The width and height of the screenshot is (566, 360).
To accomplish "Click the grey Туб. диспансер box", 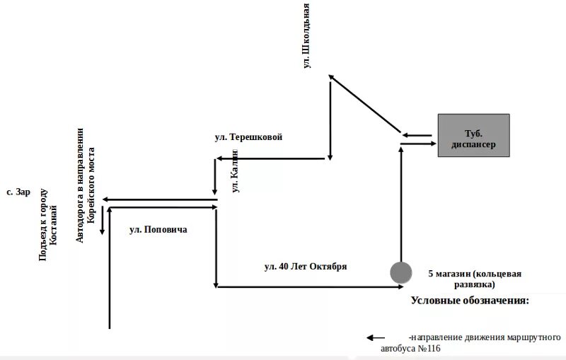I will pyautogui.click(x=473, y=135).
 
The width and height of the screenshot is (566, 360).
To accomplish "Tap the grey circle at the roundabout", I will pyautogui.click(x=401, y=272).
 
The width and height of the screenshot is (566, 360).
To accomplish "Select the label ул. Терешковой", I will pyautogui.click(x=248, y=137).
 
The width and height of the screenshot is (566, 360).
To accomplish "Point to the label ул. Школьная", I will pyautogui.click(x=306, y=37).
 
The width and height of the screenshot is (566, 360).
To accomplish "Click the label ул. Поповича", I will pyautogui.click(x=158, y=229).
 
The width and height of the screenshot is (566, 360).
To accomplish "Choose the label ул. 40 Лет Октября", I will pyautogui.click(x=305, y=267).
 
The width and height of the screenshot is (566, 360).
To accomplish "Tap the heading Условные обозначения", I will pyautogui.click(x=470, y=301).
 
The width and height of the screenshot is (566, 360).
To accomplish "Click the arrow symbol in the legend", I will pyautogui.click(x=376, y=338).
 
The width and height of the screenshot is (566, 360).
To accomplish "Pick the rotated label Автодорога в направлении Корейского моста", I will pyautogui.click(x=85, y=185).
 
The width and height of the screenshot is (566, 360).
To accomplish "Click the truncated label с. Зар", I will pyautogui.click(x=18, y=192).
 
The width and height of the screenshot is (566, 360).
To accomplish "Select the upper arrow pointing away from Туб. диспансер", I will pyautogui.click(x=417, y=134).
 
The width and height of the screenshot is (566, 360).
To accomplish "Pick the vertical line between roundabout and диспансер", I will pyautogui.click(x=401, y=205).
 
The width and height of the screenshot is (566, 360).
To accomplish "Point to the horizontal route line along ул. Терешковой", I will pyautogui.click(x=272, y=159).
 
